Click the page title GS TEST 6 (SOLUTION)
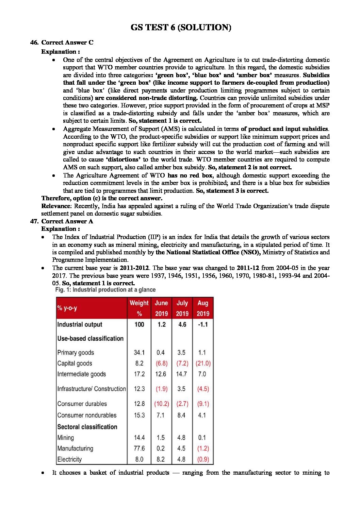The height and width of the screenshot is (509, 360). pyautogui.click(x=181, y=28)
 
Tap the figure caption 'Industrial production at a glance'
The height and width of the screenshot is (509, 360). pyautogui.click(x=114, y=290)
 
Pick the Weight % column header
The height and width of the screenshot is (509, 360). pyautogui.click(x=139, y=308)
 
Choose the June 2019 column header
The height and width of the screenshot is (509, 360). pyautogui.click(x=161, y=308)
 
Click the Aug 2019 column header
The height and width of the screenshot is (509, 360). pyautogui.click(x=203, y=308)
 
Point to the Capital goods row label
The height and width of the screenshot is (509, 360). pyautogui.click(x=75, y=363)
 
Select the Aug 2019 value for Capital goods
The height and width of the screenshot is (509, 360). pyautogui.click(x=203, y=363)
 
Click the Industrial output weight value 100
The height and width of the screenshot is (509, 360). pyautogui.click(x=139, y=324)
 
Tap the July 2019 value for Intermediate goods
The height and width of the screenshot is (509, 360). pyautogui.click(x=181, y=374)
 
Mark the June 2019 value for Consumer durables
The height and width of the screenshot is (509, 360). pyautogui.click(x=161, y=404)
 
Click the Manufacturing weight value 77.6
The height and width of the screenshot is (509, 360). pyautogui.click(x=139, y=448)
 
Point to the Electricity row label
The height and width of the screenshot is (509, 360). pyautogui.click(x=69, y=459)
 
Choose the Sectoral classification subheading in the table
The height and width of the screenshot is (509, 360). pyautogui.click(x=87, y=427)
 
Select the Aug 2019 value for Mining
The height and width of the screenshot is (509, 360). pyautogui.click(x=202, y=438)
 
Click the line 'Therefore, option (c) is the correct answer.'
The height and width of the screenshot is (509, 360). pyautogui.click(x=102, y=198)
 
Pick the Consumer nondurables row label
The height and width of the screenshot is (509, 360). pyautogui.click(x=87, y=415)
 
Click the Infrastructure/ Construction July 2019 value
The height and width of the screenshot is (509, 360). pyautogui.click(x=181, y=389)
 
